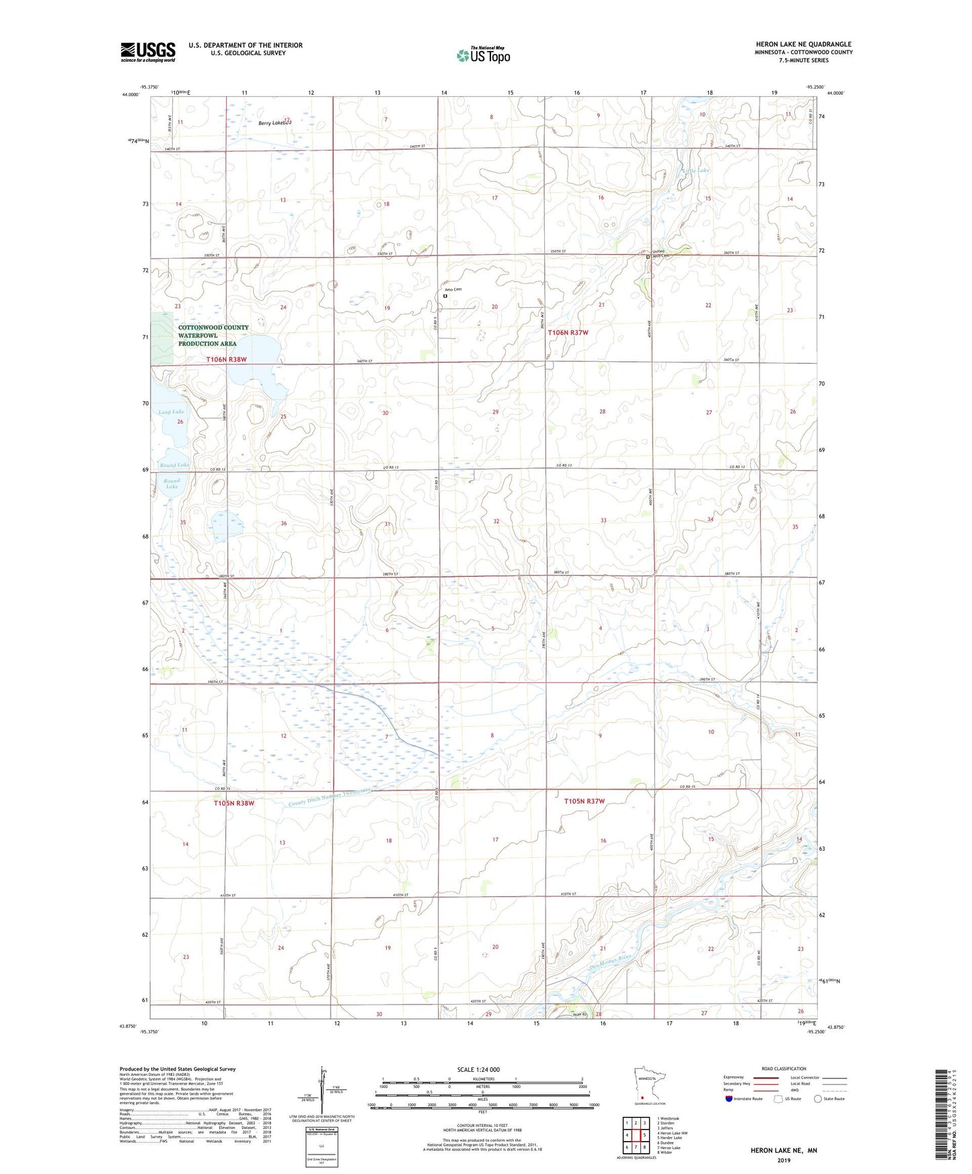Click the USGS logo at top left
click(x=147, y=52)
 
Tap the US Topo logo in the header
click(x=483, y=54)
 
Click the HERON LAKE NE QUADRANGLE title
click(x=803, y=44)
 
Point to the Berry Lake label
click(x=274, y=123)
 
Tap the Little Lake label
click(x=696, y=171)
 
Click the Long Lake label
click(x=172, y=412)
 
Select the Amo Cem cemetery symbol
click(x=445, y=296)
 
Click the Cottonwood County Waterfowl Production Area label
click(x=213, y=336)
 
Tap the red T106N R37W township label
click(x=568, y=333)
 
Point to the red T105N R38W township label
click(x=234, y=803)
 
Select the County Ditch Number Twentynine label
click(x=330, y=798)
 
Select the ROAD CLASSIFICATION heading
click(x=784, y=1068)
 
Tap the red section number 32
click(x=496, y=521)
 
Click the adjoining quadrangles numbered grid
click(x=636, y=1137)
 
